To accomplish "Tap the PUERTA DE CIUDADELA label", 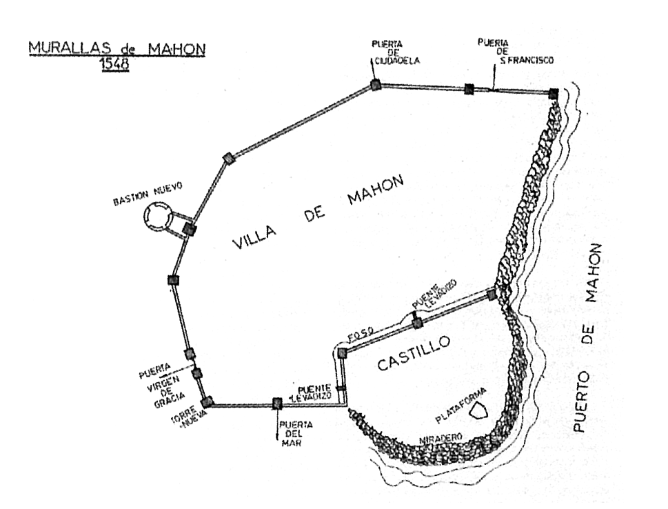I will tap(392, 52).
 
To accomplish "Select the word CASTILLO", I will tap(414, 353).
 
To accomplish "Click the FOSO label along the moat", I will tap(361, 335).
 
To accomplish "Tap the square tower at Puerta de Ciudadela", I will tap(376, 85).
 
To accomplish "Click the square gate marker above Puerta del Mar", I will tap(277, 403).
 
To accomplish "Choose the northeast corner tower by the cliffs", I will tap(553, 93).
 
